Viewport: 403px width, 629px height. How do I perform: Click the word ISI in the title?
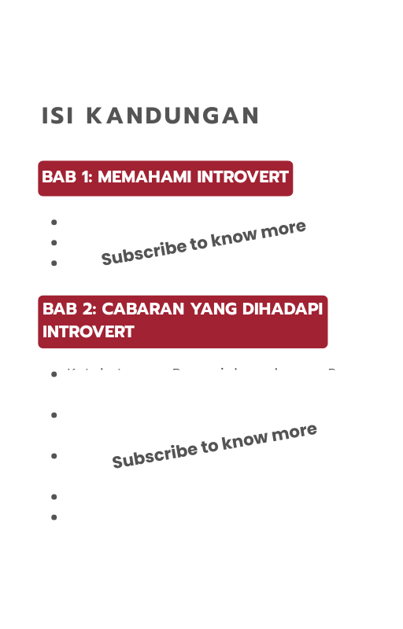[x=58, y=116]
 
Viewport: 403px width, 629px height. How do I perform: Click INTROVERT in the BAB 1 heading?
[x=242, y=177]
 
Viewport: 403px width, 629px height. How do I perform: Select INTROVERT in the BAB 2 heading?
[x=88, y=331]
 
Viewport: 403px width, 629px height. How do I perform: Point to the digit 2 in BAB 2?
[x=87, y=309]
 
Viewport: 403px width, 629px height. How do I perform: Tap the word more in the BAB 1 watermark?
[x=283, y=229]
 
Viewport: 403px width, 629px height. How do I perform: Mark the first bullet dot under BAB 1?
[x=54, y=223]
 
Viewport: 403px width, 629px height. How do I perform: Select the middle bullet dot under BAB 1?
[x=54, y=243]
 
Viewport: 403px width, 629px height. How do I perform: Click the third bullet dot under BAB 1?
[x=54, y=263]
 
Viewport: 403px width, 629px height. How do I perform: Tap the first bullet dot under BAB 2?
[x=54, y=374]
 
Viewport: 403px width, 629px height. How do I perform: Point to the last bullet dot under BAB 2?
[x=54, y=517]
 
